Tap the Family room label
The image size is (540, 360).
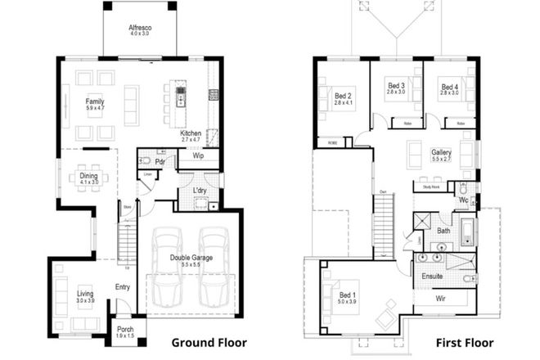[x=96, y=103]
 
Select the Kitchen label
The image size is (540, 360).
[x=191, y=133]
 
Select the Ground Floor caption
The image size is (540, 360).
[x=208, y=342]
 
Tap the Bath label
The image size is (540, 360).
[x=443, y=231]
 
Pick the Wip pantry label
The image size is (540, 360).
[x=198, y=155]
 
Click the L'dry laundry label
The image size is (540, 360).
[x=200, y=190]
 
